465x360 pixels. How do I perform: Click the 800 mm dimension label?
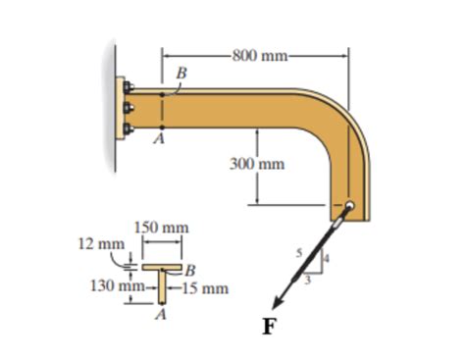point(257,55)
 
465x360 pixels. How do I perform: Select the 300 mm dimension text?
point(257,164)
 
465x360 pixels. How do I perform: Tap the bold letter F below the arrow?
point(268,327)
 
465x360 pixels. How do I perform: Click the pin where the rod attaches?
point(349,207)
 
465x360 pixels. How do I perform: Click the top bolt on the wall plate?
point(129,87)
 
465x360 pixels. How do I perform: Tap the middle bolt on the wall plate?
point(129,107)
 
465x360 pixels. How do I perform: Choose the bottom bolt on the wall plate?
point(129,128)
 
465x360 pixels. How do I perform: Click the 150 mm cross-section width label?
point(159,228)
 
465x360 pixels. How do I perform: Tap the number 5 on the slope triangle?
point(301,252)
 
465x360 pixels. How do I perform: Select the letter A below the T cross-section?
point(159,315)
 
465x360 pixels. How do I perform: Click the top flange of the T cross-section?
point(161,266)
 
